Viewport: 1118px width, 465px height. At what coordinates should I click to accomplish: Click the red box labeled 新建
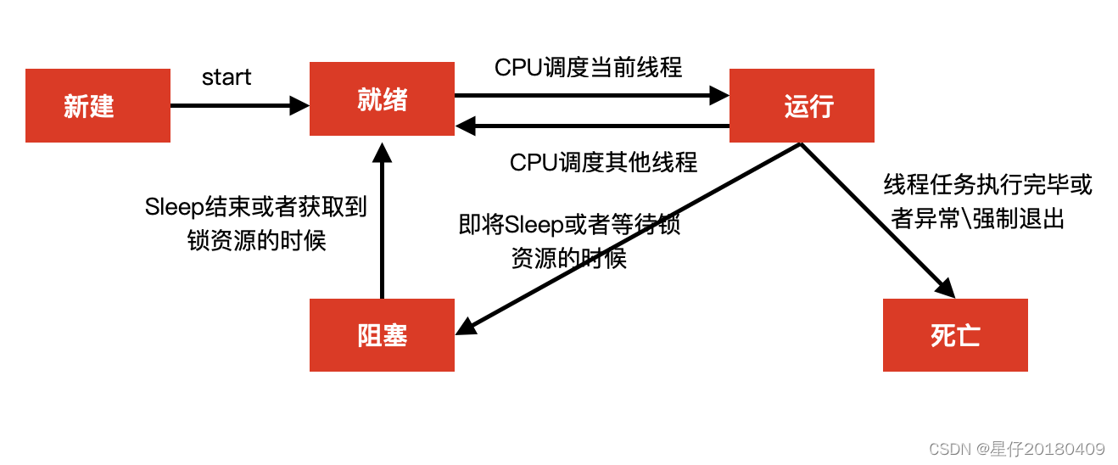pos(98,106)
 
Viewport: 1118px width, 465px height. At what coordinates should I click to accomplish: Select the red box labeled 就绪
pos(382,98)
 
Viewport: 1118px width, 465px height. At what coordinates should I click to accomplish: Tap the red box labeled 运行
pos(802,106)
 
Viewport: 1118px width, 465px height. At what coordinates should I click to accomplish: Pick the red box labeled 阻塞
pos(382,335)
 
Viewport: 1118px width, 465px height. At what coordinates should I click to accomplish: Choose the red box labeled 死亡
pos(955,335)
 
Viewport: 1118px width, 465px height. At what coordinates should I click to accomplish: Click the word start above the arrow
pos(226,77)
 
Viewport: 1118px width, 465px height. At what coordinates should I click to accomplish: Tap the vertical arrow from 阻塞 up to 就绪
pos(383,221)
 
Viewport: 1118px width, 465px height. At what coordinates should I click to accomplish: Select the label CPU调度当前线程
pos(588,67)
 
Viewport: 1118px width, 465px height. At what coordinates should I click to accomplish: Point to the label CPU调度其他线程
pos(603,162)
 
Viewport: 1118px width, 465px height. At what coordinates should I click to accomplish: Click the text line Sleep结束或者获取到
pos(256,207)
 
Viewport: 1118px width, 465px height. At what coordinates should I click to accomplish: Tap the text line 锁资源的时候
pos(256,240)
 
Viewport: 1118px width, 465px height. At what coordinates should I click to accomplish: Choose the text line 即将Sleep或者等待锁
pos(569,225)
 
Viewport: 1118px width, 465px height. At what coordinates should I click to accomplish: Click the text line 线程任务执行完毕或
pos(988,184)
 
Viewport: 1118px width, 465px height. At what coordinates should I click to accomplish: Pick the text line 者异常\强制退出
pos(978,218)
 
